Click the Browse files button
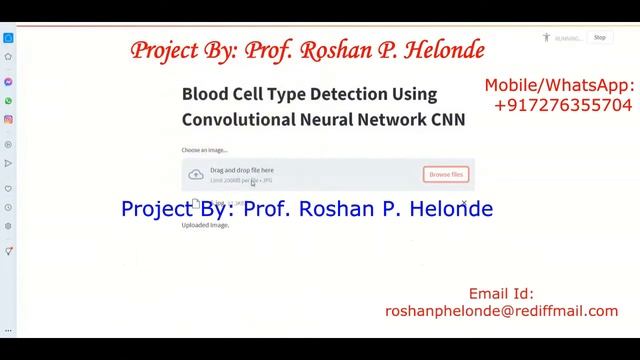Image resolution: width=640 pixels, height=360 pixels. click(x=446, y=174)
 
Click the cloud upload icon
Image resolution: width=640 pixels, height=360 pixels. click(x=196, y=175)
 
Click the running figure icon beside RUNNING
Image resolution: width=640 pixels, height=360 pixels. click(x=546, y=38)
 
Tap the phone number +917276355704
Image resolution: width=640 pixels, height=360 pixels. click(x=563, y=105)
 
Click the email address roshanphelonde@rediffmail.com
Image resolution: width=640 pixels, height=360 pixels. click(x=501, y=311)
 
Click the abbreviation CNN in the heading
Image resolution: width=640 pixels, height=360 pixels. click(x=447, y=119)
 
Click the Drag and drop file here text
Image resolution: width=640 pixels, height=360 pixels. click(x=241, y=170)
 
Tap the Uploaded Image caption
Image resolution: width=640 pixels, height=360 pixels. click(x=205, y=225)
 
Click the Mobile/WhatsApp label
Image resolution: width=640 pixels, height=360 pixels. click(x=559, y=86)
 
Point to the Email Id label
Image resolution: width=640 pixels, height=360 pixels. click(x=501, y=294)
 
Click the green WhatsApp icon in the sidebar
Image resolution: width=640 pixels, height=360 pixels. click(x=8, y=101)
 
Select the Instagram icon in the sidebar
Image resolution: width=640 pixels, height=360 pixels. click(x=8, y=120)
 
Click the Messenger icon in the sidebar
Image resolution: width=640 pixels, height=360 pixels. click(x=8, y=82)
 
